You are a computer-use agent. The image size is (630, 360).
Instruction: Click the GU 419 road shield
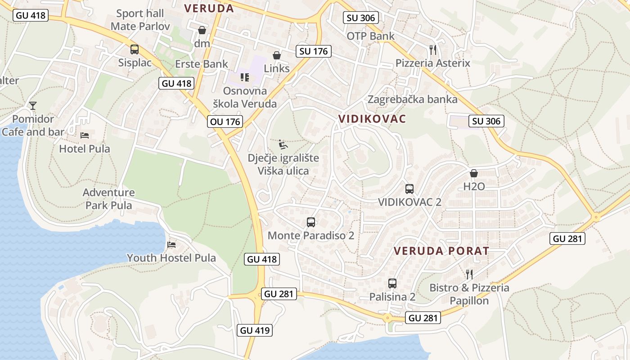click(x=255, y=330)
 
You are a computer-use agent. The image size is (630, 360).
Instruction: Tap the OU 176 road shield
click(x=225, y=121)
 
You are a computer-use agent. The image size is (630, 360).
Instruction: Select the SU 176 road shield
click(x=314, y=51)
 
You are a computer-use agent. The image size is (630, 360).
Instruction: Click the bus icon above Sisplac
click(x=135, y=49)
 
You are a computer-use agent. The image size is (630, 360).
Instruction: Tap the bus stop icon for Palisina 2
click(x=392, y=283)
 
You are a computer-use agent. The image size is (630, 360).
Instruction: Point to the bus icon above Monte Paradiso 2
click(x=311, y=222)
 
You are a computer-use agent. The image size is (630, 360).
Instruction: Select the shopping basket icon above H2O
click(x=474, y=173)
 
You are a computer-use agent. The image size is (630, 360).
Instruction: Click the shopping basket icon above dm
click(x=202, y=30)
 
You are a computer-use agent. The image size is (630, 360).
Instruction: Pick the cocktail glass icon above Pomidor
click(x=33, y=106)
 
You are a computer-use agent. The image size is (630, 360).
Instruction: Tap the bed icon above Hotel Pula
click(x=85, y=135)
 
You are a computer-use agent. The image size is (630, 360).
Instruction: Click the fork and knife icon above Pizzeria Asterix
click(x=433, y=49)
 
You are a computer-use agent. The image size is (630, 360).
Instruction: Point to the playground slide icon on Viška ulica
click(x=283, y=144)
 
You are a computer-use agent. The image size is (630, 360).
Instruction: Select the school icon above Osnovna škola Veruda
click(x=245, y=77)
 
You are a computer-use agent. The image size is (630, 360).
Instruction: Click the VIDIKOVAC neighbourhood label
click(x=372, y=119)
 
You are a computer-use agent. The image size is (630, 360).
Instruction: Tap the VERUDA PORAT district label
click(x=441, y=251)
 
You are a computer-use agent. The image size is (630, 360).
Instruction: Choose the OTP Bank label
click(x=370, y=36)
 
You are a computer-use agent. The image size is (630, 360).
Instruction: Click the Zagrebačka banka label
click(x=413, y=99)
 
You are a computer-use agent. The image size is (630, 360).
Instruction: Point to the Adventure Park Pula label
click(x=109, y=199)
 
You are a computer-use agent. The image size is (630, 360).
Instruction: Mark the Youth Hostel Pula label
click(x=171, y=258)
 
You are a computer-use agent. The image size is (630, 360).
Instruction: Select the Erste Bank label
click(x=202, y=64)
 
